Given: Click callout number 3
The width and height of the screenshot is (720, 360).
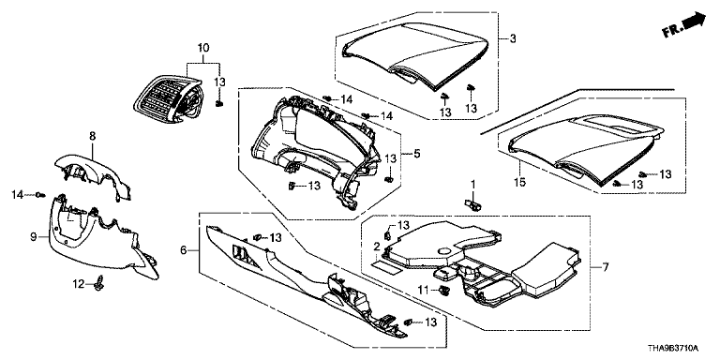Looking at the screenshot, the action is (513, 38).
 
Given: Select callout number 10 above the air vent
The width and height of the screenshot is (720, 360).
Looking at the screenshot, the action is (203, 47).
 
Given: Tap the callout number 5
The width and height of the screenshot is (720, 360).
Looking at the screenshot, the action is (416, 153).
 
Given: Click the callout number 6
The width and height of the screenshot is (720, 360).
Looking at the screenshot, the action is (183, 250).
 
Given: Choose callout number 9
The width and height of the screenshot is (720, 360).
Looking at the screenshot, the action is (33, 237).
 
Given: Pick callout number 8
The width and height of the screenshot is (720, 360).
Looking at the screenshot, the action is (92, 135).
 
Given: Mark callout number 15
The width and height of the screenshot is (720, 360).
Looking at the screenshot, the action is (520, 183).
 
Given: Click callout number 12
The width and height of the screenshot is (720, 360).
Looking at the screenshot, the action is (79, 285).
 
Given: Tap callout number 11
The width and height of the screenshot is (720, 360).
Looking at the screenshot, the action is (423, 289).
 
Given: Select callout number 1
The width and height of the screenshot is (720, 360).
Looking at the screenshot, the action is (473, 185).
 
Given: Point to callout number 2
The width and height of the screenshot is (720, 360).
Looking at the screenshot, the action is (377, 247).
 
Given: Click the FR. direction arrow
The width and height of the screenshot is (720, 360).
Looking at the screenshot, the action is (684, 25).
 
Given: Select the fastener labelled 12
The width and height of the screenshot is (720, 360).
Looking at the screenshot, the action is (97, 286).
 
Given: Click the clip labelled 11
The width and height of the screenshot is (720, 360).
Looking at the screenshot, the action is (443, 290).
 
